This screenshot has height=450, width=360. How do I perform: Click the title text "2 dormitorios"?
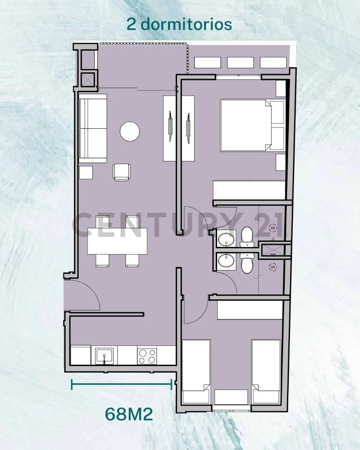[x=179, y=25]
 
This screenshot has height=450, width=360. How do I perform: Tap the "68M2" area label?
[x=129, y=414]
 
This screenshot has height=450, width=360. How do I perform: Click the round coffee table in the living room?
[x=130, y=131]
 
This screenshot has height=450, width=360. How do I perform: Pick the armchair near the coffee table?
[x=122, y=172]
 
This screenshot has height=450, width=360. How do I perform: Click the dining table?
[x=117, y=241]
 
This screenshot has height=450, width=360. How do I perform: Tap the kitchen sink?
[x=104, y=356]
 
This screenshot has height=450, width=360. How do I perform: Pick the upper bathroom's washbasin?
[x=226, y=240]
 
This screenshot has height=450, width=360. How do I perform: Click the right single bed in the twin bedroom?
[x=266, y=372]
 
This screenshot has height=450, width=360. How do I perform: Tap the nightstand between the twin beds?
[x=231, y=397]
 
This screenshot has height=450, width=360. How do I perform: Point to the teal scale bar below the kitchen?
[x=122, y=384]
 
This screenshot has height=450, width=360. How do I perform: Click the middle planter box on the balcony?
[x=240, y=62]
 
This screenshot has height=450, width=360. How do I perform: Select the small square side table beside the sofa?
[x=86, y=172]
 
